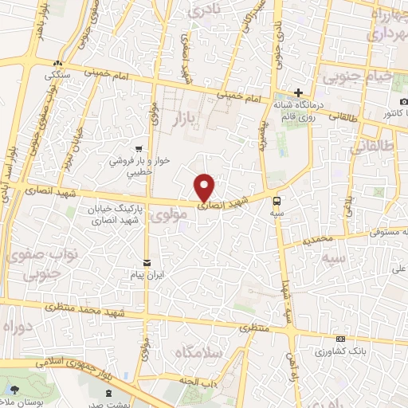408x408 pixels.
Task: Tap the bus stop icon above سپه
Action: pyautogui.click(x=277, y=201)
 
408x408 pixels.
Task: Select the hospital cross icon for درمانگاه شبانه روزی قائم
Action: pyautogui.click(x=298, y=92)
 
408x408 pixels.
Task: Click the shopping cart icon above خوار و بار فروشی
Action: pyautogui.click(x=139, y=147)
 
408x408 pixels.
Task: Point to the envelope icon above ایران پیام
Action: pyautogui.click(x=146, y=261)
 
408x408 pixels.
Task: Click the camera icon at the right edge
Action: pyautogui.click(x=404, y=102)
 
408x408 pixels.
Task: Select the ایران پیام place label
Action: pyautogui.click(x=147, y=273)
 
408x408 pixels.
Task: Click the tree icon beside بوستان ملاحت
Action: pyautogui.click(x=15, y=389)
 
